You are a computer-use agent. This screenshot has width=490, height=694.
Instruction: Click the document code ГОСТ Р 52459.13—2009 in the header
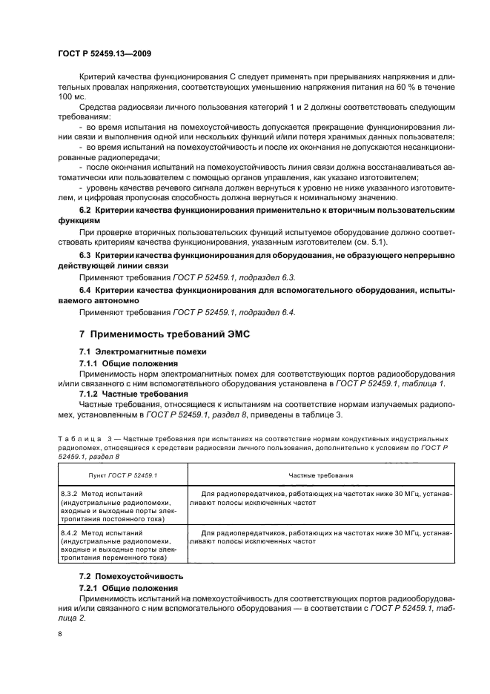pos(105,53)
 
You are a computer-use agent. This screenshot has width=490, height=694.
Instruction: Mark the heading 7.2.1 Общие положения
pos(128,587)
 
